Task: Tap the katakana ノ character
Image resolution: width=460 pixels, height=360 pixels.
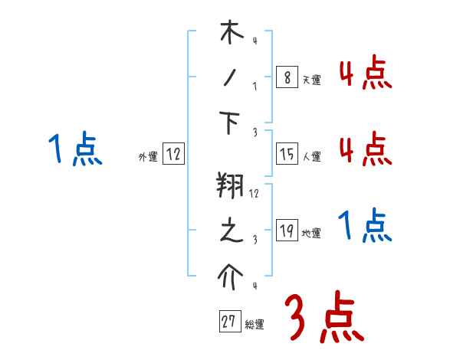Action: [231, 77]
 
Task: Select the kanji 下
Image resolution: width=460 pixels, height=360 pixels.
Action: [231, 123]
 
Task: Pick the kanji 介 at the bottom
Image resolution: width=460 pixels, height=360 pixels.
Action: [231, 277]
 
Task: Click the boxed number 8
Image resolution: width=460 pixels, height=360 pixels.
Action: [286, 77]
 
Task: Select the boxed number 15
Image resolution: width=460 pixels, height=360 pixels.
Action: [286, 155]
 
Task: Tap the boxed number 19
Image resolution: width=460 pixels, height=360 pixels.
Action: [286, 231]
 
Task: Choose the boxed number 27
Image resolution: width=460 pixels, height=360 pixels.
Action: [228, 322]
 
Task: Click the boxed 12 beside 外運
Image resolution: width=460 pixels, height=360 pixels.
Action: [172, 155]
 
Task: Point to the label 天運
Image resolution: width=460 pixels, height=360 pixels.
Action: [311, 80]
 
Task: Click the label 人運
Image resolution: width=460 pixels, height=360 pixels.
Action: [311, 157]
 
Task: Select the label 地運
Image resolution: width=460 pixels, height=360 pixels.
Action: [311, 233]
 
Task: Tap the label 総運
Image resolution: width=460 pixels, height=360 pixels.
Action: [255, 325]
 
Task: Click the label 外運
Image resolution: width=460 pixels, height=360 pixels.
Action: [147, 157]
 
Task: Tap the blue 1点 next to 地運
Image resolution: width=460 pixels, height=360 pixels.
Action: [365, 227]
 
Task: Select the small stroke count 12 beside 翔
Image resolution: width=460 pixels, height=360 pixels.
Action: [254, 194]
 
